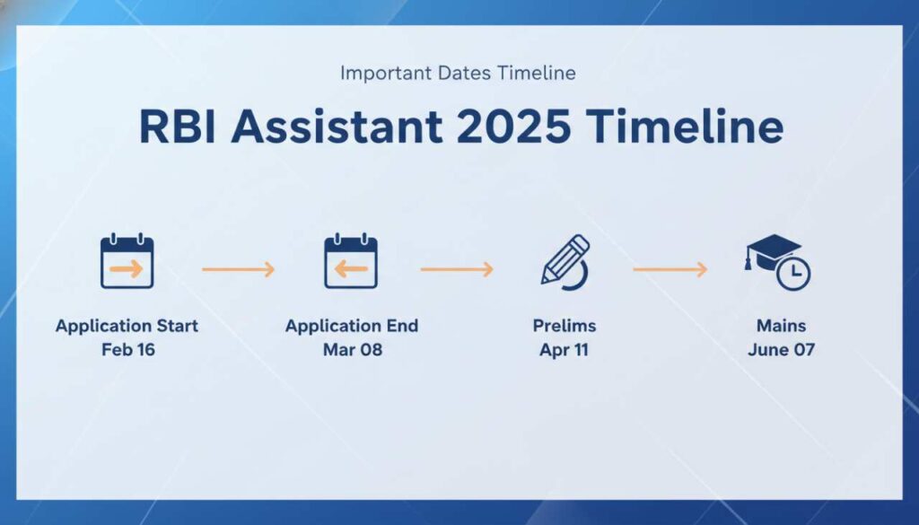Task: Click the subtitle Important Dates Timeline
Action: [458, 73]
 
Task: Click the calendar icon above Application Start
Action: [127, 262]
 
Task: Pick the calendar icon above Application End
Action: [351, 262]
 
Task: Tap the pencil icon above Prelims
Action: [565, 260]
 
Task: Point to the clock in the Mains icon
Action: [793, 273]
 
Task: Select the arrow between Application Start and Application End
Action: [238, 269]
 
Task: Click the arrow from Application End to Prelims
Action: [457, 269]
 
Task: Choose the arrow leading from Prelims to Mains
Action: [670, 269]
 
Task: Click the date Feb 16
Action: [127, 350]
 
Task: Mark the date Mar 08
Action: [352, 350]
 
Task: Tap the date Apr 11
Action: [564, 350]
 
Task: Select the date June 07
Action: [781, 350]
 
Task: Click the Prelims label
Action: [564, 326]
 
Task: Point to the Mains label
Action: [781, 326]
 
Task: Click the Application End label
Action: [352, 326]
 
